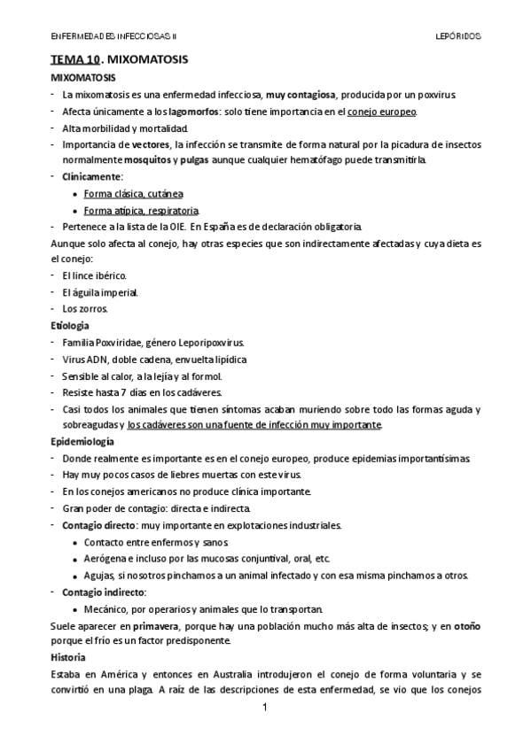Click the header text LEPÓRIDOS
(x=459, y=36)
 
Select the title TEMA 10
(x=74, y=61)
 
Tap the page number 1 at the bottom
(x=264, y=709)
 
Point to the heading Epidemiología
(x=82, y=441)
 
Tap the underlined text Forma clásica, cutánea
(x=134, y=193)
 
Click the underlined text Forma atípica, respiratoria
(x=141, y=211)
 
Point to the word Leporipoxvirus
(x=204, y=342)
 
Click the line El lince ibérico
(x=95, y=276)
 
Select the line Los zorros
(x=84, y=309)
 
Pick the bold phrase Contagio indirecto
(x=104, y=592)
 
